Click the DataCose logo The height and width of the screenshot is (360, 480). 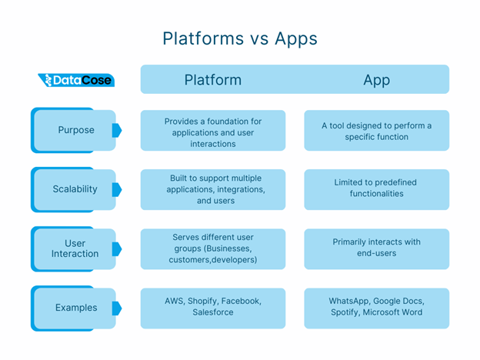[x=76, y=80]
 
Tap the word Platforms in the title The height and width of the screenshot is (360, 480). [x=203, y=39]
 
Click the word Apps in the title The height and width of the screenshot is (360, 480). [x=296, y=40]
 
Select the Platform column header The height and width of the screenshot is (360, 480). [x=213, y=80]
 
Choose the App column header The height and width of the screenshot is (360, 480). [x=376, y=81]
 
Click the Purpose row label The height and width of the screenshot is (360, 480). [x=76, y=130]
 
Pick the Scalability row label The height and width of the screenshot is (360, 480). [x=75, y=189]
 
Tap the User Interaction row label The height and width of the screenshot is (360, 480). [x=75, y=248]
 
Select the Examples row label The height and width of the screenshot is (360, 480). [x=76, y=308]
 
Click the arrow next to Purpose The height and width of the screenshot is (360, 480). [x=117, y=131]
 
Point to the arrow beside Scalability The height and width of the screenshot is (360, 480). [x=117, y=190]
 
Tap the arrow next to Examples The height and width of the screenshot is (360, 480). [x=117, y=308]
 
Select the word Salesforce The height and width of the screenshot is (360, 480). [x=213, y=312]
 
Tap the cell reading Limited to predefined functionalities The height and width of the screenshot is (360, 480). [x=376, y=190]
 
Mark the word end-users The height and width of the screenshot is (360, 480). [x=376, y=253]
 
